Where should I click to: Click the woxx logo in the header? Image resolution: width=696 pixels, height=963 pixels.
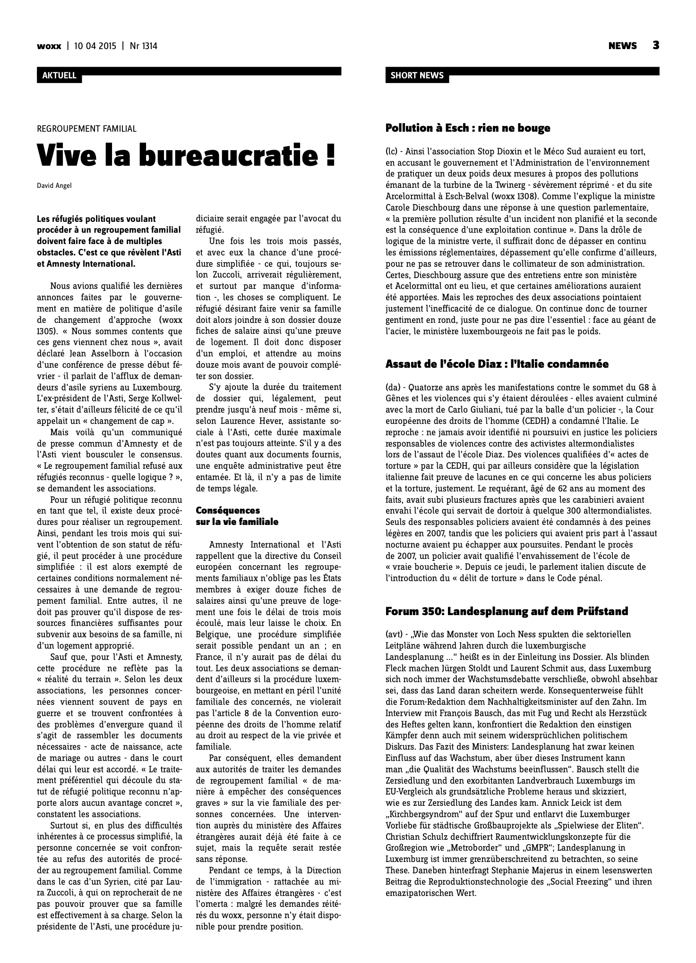click(x=49, y=46)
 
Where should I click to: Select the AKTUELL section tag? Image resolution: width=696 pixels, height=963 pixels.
click(x=59, y=76)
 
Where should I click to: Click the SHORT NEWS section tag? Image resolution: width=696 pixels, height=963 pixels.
click(x=417, y=76)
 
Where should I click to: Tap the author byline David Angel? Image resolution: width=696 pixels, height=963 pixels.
click(x=54, y=185)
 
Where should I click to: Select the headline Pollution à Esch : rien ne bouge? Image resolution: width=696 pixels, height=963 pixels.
click(x=468, y=128)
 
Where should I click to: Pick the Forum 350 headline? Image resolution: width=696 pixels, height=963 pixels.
click(x=507, y=611)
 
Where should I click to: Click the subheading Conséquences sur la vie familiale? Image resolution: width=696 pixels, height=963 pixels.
click(x=237, y=516)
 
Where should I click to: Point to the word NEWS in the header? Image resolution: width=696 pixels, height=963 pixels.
click(x=622, y=46)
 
